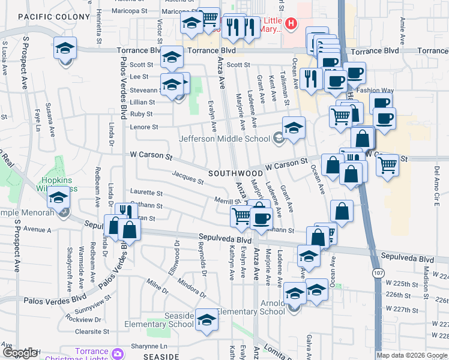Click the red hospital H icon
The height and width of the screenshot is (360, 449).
coord(291,24)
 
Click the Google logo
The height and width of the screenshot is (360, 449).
coord(20,353)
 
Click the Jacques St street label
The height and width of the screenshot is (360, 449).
coord(188,178)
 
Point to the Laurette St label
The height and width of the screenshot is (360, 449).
coord(146,193)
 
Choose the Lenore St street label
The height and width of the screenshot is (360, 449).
coord(144,127)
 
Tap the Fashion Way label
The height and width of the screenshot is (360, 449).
coord(375,91)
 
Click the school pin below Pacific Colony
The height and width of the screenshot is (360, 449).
coord(65,49)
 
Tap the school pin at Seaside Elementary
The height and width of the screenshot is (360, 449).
coord(206,320)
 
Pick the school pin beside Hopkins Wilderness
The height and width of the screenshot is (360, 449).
coord(58,197)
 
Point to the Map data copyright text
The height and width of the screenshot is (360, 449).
coord(412,355)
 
